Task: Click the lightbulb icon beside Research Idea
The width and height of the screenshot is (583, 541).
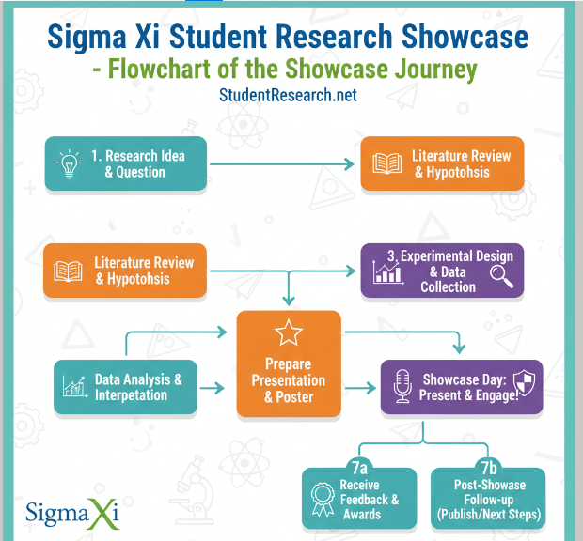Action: coord(69,164)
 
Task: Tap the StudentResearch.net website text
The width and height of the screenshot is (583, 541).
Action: coord(288,96)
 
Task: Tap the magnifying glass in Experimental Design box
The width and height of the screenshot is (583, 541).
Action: coord(502,274)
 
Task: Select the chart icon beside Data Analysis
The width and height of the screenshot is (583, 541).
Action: coord(74,386)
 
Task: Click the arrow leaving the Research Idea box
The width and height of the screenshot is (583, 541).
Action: coord(282,163)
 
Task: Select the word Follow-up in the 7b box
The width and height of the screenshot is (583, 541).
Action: coord(489,500)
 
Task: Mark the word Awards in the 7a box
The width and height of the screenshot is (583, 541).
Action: coord(362,514)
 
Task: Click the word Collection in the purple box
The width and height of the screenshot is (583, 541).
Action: coord(448,286)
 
